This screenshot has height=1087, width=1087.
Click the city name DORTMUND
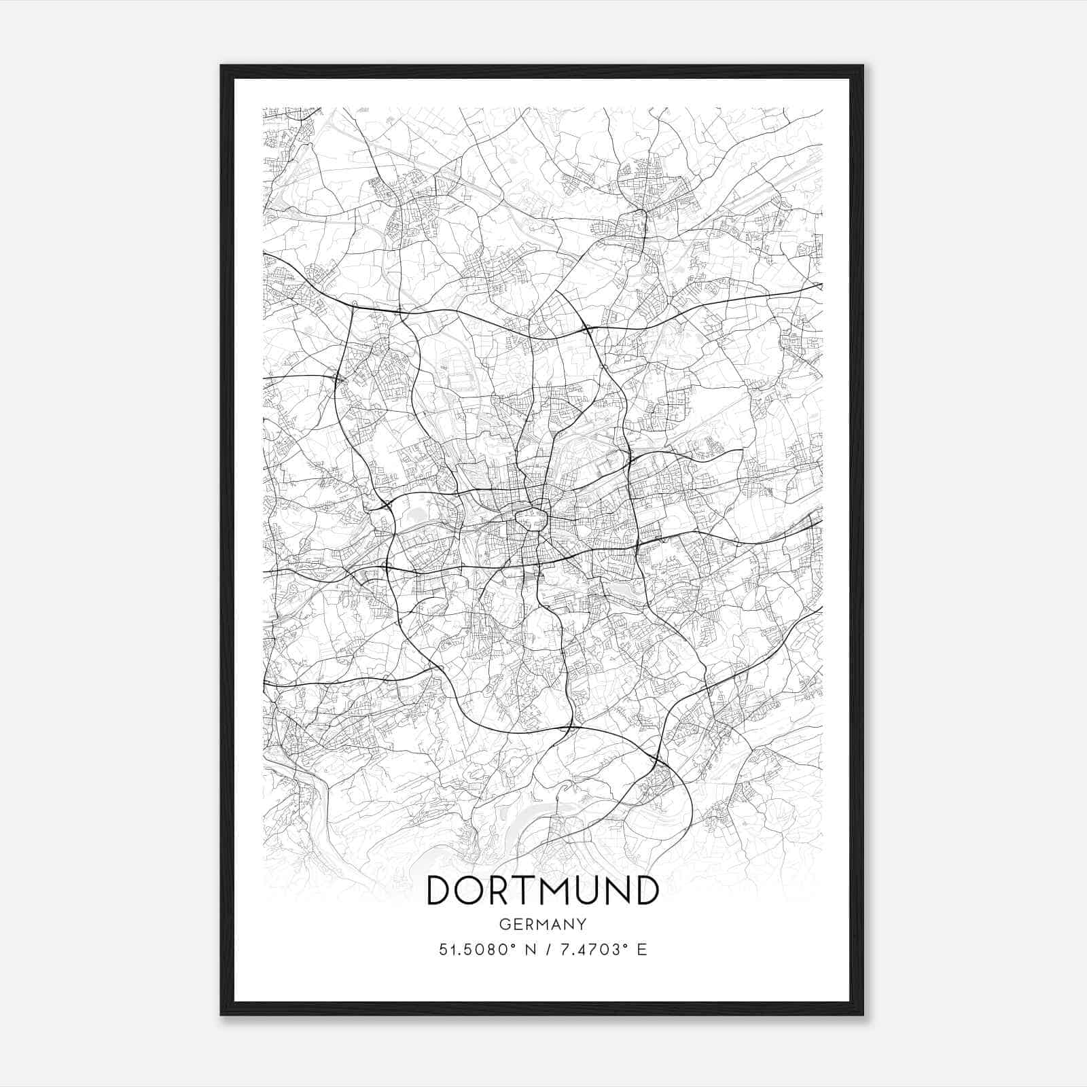[542, 890]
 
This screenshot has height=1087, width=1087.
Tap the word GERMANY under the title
[542, 924]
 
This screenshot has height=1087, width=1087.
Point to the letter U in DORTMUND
[588, 890]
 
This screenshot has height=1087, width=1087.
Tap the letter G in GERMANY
[503, 924]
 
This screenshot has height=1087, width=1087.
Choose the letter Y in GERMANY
[582, 924]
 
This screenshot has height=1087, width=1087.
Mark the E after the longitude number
[641, 950]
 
